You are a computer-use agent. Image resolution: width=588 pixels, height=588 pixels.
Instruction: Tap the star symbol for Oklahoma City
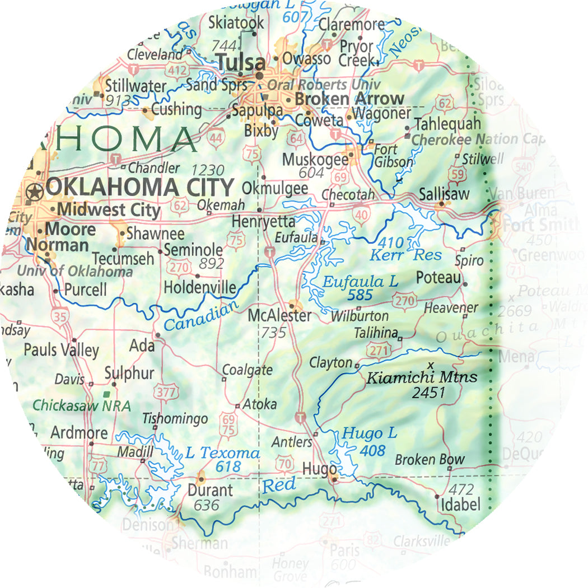tap(35, 192)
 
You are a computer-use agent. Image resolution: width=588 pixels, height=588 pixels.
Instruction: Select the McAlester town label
tap(279, 315)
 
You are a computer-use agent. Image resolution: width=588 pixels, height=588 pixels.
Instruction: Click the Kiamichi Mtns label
tap(422, 377)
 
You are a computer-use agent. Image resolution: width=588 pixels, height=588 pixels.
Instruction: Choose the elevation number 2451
tap(428, 393)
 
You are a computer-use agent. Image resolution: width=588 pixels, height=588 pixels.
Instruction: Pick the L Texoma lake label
tap(222, 452)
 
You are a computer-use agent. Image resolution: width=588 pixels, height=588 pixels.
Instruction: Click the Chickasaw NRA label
tap(82, 405)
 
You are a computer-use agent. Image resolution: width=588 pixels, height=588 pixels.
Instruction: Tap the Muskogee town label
tap(315, 159)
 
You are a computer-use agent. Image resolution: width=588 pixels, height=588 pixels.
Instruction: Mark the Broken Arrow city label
tap(349, 99)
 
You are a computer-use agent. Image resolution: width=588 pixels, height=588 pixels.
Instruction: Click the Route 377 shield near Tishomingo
tap(166, 392)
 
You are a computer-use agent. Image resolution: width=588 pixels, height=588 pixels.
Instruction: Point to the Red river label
tap(279, 486)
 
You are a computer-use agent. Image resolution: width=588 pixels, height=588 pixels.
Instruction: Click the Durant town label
tap(211, 491)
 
